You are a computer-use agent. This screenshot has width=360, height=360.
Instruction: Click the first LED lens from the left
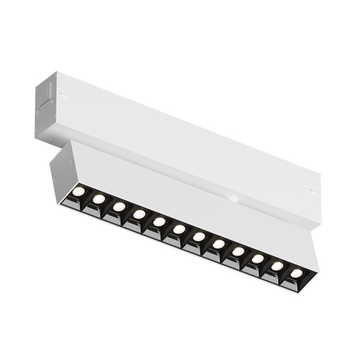coord(79,192)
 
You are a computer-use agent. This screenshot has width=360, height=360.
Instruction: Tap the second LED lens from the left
coord(99,199)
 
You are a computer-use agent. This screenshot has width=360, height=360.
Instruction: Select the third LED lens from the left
coord(119,206)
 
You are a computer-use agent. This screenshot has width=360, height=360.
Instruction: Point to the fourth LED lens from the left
coord(139,214)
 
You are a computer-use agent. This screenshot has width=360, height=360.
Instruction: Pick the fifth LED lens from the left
coord(159,221)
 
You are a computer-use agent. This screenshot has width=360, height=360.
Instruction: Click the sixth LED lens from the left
coord(179,229)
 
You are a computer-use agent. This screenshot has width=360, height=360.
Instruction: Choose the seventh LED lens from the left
coord(199,236)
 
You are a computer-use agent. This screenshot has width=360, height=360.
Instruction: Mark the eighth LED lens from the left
coord(218,244)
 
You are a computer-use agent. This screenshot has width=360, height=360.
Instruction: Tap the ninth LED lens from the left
coord(238,251)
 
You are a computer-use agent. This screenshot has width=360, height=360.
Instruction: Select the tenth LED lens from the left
coord(258,258)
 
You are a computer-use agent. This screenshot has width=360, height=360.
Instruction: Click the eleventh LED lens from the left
coord(278,265)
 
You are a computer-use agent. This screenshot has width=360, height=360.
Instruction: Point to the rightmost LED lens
coord(296,272)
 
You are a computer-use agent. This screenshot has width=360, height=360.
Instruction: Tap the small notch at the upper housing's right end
coord(313,191)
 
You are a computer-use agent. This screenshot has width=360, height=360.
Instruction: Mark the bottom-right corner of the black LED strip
coord(301,290)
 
